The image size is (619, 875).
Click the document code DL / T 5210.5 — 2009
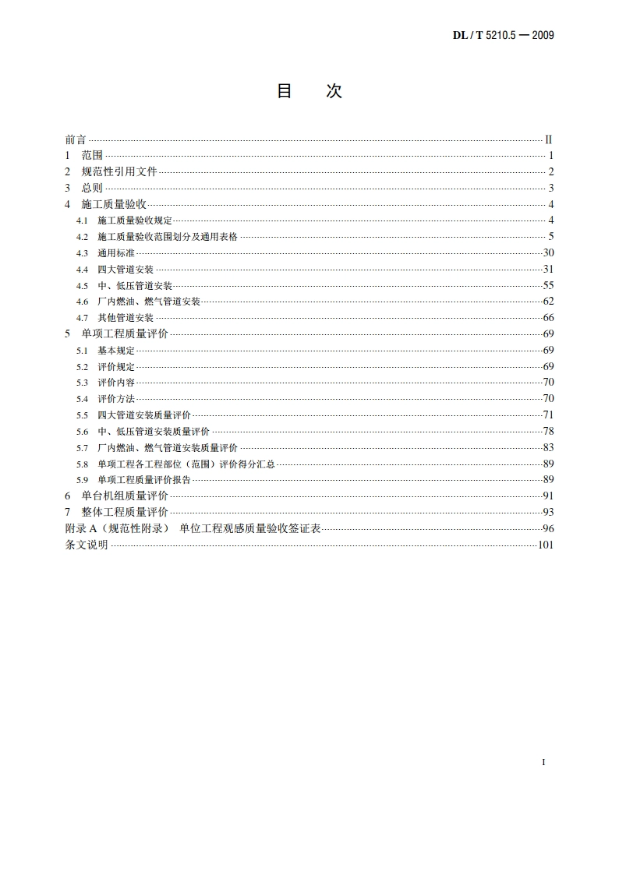[x=503, y=35]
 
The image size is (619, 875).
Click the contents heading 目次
[x=309, y=91]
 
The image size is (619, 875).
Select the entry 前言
[x=76, y=139]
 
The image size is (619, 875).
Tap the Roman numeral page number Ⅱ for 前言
[x=548, y=139]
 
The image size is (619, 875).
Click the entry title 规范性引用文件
[x=119, y=171]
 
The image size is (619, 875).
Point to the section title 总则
[x=92, y=188]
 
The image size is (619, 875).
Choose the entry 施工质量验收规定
[x=135, y=221]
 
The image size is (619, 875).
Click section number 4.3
[x=82, y=253]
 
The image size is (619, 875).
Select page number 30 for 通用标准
[x=547, y=253]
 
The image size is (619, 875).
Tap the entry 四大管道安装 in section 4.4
[x=126, y=270]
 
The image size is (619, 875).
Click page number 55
[x=547, y=285]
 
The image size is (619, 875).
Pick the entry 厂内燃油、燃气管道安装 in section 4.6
[x=149, y=302]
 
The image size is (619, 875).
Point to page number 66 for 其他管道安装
[x=547, y=318]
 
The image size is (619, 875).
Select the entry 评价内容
[x=116, y=383]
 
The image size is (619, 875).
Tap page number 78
[x=547, y=431]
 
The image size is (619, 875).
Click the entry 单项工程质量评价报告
[x=144, y=480]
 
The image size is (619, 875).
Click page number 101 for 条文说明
[x=545, y=545]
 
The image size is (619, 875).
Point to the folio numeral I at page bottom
[x=543, y=761]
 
